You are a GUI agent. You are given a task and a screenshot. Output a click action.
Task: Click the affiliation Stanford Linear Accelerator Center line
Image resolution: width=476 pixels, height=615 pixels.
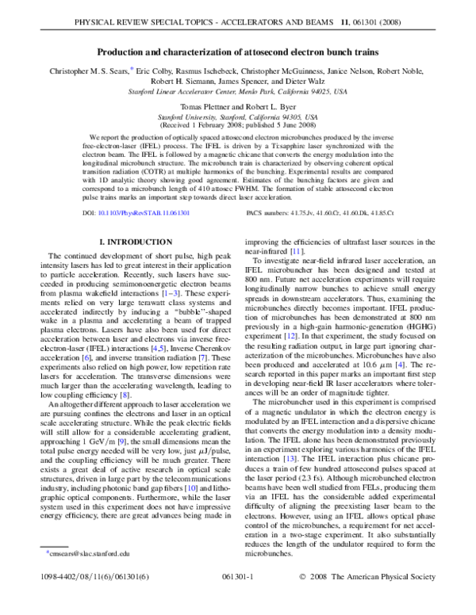[238, 90]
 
